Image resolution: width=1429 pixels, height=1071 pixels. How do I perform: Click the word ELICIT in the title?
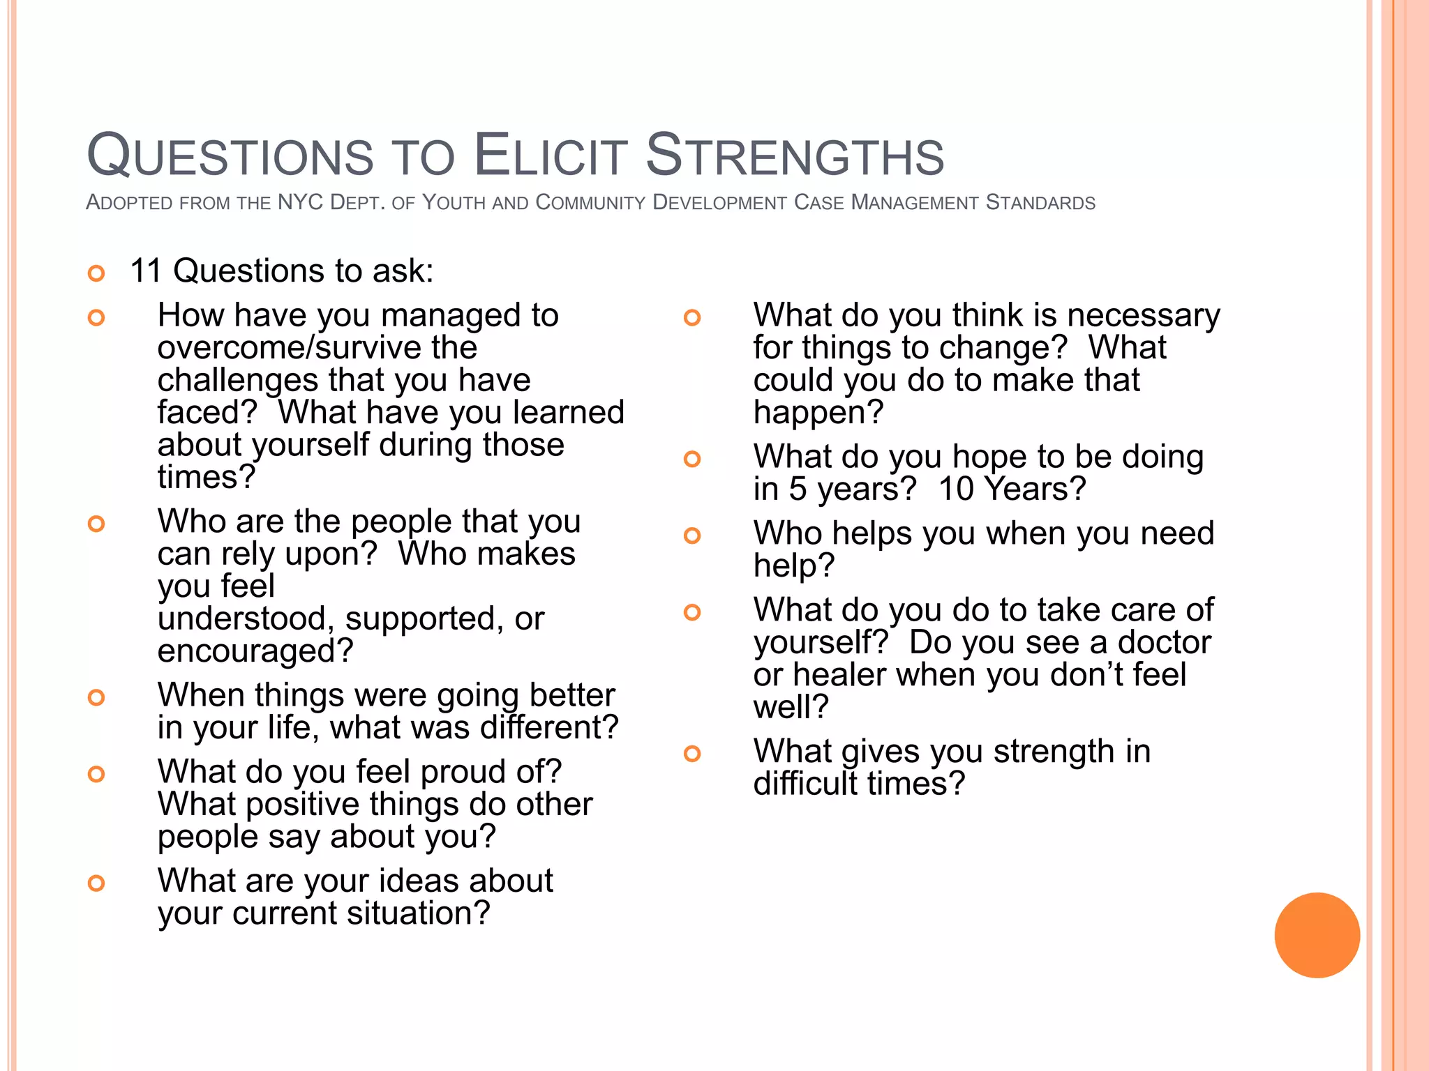tap(551, 155)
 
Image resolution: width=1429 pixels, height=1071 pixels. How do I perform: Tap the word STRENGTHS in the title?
tap(795, 155)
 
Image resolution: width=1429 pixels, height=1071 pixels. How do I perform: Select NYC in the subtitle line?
tap(300, 202)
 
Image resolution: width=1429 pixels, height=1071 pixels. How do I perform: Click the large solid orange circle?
tap(1317, 935)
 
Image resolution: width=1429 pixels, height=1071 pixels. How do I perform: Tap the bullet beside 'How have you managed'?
tap(96, 318)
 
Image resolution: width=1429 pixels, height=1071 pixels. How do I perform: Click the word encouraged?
tap(255, 651)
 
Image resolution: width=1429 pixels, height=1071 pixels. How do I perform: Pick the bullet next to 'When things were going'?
tap(96, 697)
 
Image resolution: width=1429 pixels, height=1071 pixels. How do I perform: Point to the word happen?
tap(818, 412)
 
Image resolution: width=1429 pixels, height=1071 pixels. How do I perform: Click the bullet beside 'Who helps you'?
tap(691, 535)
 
